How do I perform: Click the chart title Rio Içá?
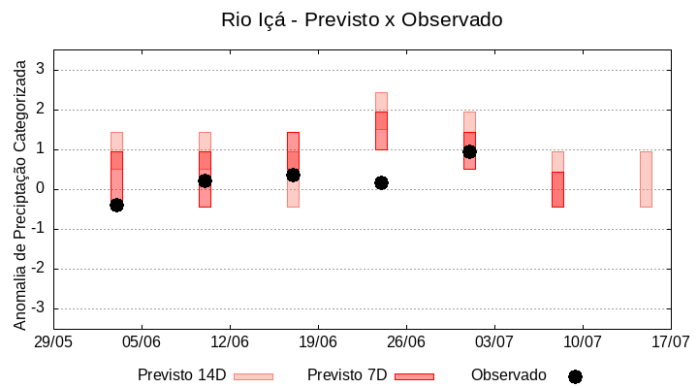tap(362, 19)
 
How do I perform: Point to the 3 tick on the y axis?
tap(42, 70)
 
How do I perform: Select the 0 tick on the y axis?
tap(42, 189)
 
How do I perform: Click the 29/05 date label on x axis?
tap(53, 342)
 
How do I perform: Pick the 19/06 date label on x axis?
tap(318, 342)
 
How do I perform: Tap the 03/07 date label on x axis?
tap(494, 342)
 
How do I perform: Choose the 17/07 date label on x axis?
tap(670, 342)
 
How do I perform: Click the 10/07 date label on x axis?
tap(583, 342)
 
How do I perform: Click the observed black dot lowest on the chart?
tap(116, 205)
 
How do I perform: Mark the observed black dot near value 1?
tap(469, 151)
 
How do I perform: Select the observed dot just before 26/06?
tap(381, 182)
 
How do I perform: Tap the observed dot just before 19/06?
tap(293, 175)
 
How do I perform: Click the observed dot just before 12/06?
tap(205, 180)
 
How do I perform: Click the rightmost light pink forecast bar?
tap(646, 179)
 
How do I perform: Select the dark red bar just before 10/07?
tap(557, 189)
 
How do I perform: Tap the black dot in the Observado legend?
tap(575, 376)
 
